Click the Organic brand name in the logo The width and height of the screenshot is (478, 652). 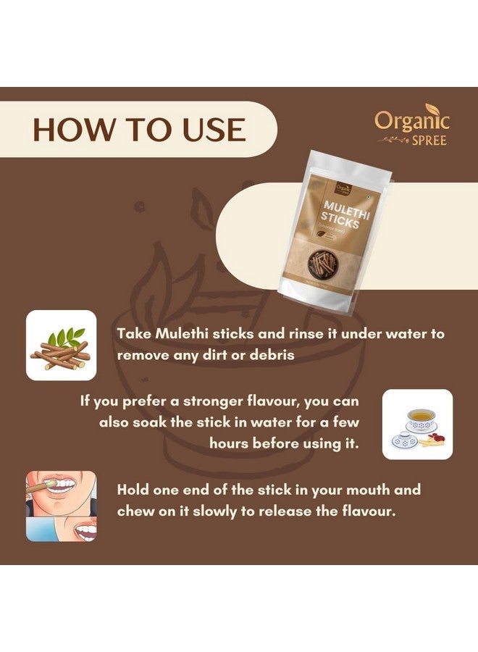tap(411, 120)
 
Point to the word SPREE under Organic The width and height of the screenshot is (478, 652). tap(430, 139)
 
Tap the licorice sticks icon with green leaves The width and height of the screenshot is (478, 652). tap(61, 345)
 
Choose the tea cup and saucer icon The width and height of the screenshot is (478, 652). tap(417, 424)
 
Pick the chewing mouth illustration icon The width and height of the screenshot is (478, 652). tap(61, 506)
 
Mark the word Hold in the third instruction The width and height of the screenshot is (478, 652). tap(134, 490)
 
